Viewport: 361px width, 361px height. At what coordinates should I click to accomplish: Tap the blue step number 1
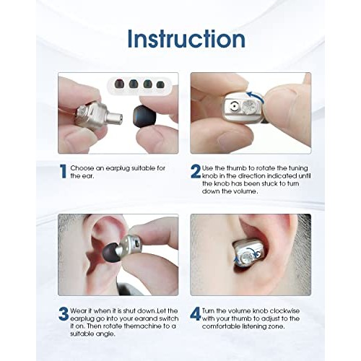pyautogui.click(x=64, y=171)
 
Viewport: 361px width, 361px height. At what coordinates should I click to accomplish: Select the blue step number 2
pyautogui.click(x=196, y=171)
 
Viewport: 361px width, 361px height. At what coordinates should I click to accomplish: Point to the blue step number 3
pyautogui.click(x=64, y=314)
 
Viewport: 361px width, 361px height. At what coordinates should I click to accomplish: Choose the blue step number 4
pyautogui.click(x=196, y=314)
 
